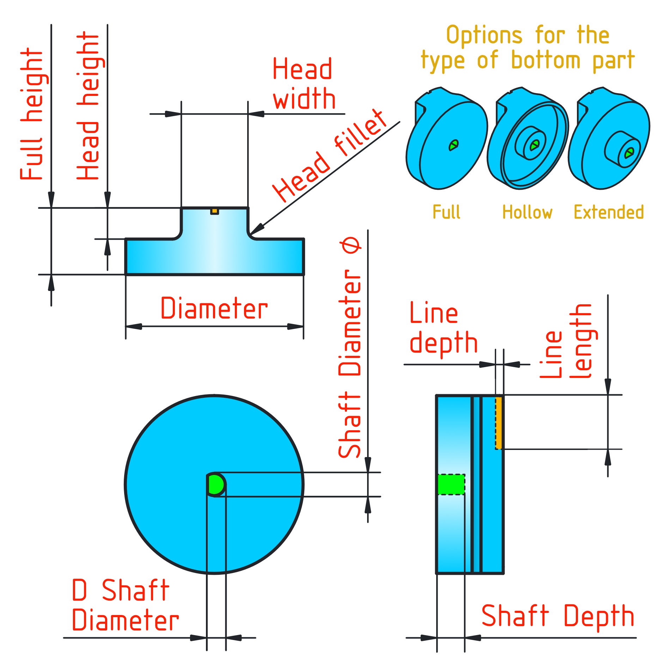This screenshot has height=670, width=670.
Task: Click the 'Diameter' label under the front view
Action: click(x=214, y=309)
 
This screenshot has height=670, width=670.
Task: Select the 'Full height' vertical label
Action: click(x=32, y=115)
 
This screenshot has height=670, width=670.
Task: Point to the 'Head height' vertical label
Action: click(x=88, y=106)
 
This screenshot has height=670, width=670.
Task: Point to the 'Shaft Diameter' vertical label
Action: click(x=349, y=347)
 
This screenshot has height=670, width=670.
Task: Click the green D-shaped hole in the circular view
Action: click(x=215, y=485)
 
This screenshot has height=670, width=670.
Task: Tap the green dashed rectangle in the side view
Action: click(x=451, y=485)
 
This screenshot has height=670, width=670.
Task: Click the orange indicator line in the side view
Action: click(x=499, y=422)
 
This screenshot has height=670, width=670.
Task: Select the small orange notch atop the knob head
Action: click(x=214, y=211)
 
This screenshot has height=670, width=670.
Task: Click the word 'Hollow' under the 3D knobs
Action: click(x=527, y=212)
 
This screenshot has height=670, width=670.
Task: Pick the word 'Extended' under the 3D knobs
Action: click(x=609, y=212)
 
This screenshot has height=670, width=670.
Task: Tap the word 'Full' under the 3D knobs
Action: click(x=446, y=212)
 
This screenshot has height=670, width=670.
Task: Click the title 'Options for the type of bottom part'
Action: click(x=528, y=48)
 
